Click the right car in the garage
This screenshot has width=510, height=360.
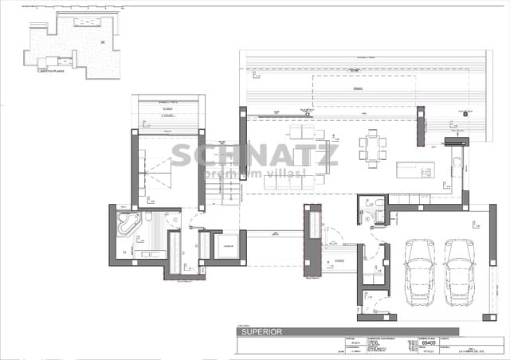[x=460, y=273]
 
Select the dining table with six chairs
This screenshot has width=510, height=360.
[x=372, y=147]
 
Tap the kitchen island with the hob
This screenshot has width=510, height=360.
[x=415, y=170]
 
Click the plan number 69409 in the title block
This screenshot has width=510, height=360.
[x=426, y=344]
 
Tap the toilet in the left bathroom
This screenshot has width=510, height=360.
[x=149, y=217]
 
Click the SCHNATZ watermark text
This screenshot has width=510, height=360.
[x=255, y=155]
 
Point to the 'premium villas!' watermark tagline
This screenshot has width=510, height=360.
[x=255, y=174]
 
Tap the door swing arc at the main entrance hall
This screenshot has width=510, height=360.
[x=335, y=239]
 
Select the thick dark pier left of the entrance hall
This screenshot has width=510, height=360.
[x=312, y=239]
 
